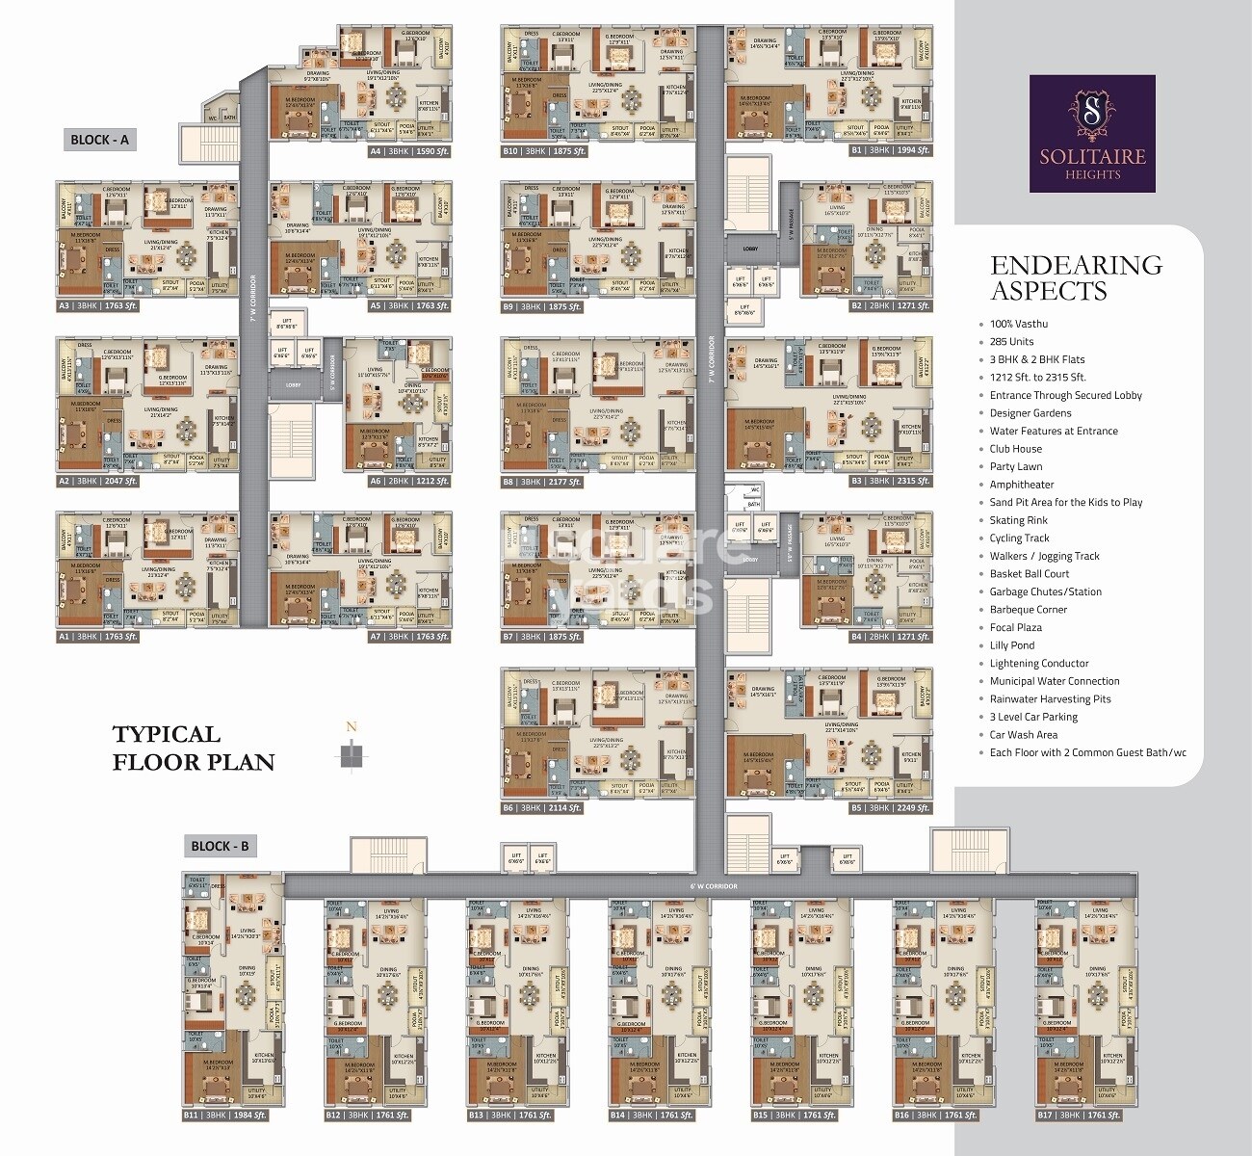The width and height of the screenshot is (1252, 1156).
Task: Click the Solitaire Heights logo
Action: tap(1092, 134)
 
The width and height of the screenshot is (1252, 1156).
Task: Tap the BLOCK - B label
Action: tap(220, 846)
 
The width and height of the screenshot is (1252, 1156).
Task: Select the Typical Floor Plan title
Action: tap(193, 748)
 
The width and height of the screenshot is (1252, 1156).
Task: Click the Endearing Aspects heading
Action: tap(1076, 277)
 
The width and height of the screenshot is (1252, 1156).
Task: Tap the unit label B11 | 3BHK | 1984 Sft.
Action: tap(224, 1115)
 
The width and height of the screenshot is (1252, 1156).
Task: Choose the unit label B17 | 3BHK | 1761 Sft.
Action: tap(1079, 1115)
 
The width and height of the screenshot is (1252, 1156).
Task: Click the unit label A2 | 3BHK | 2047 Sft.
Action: tap(98, 481)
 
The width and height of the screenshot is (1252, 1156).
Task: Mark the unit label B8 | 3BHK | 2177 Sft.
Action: tap(542, 481)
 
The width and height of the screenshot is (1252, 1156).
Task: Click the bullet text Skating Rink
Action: tap(1018, 520)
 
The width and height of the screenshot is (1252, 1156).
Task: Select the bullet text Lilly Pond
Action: tap(1011, 645)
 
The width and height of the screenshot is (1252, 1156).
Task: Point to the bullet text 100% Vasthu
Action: tap(1018, 324)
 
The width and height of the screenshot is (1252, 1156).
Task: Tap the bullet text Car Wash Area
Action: tap(1023, 734)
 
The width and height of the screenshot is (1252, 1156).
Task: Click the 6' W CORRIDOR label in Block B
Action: tap(713, 885)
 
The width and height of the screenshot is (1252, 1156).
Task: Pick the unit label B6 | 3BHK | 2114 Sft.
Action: tap(542, 808)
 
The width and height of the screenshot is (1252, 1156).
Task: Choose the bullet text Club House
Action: tap(1015, 449)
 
